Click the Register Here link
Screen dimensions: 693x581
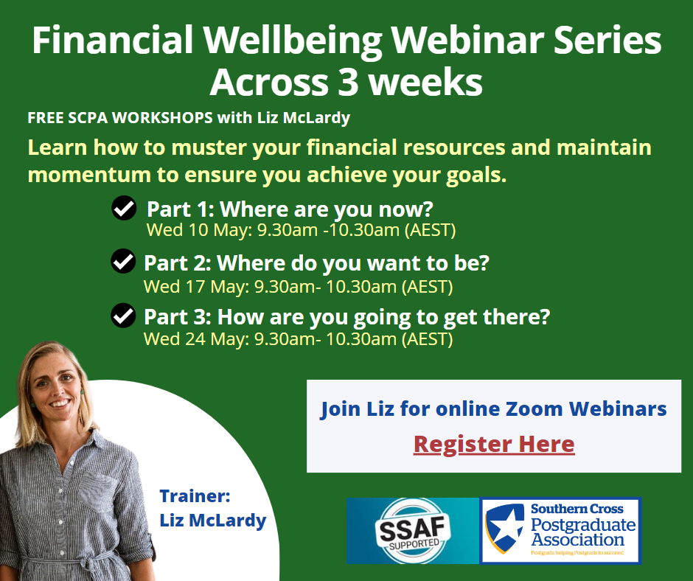pyautogui.click(x=494, y=445)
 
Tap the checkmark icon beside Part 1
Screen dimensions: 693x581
pyautogui.click(x=124, y=208)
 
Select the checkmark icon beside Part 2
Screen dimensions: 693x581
pyautogui.click(x=123, y=261)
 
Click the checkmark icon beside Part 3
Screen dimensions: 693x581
pyautogui.click(x=123, y=316)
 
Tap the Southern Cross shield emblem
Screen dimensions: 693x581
pyautogui.click(x=504, y=528)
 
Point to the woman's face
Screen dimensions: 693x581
pyautogui.click(x=56, y=389)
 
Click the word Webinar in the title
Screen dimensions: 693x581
pyautogui.click(x=467, y=41)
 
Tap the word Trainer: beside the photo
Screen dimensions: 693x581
pyautogui.click(x=195, y=496)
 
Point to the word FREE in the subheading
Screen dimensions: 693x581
pyautogui.click(x=45, y=118)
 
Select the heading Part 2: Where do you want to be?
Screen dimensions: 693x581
pyautogui.click(x=316, y=263)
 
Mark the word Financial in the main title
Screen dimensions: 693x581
pyautogui.click(x=113, y=41)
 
